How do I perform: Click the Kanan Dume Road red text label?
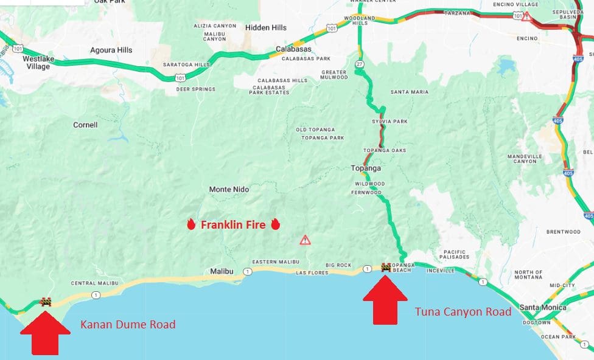tap(128, 325)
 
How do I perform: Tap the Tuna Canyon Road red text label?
tap(463, 312)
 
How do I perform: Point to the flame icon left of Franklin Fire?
tap(191, 224)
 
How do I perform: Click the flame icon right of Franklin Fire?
tap(275, 224)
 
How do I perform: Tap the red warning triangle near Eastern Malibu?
tap(305, 240)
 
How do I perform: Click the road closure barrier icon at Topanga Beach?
tap(386, 266)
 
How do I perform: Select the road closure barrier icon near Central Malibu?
tap(46, 301)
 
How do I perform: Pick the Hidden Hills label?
tap(265, 28)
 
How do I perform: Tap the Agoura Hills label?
tap(111, 50)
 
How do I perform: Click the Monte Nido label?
tap(229, 189)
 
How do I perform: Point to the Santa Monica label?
tap(542, 308)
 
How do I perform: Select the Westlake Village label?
tap(37, 63)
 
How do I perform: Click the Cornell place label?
tap(85, 125)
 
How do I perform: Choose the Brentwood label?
tap(563, 232)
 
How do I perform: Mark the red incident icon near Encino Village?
tap(526, 16)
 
